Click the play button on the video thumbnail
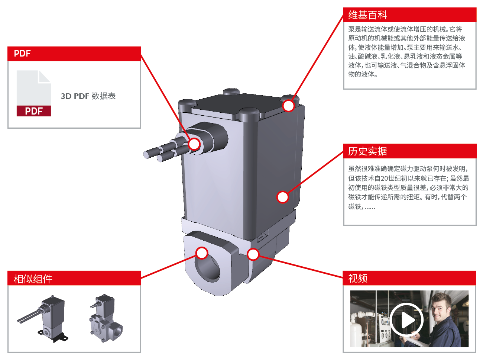click(406, 320)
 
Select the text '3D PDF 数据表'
click(88, 96)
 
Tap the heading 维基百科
click(367, 15)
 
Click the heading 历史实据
click(367, 151)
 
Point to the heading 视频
click(358, 278)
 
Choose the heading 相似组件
click(33, 279)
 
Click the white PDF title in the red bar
click(22, 54)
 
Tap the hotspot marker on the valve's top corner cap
click(288, 106)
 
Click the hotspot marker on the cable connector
click(194, 144)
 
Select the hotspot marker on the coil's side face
click(283, 197)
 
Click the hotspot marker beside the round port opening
click(202, 253)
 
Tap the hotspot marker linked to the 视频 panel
click(253, 254)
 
